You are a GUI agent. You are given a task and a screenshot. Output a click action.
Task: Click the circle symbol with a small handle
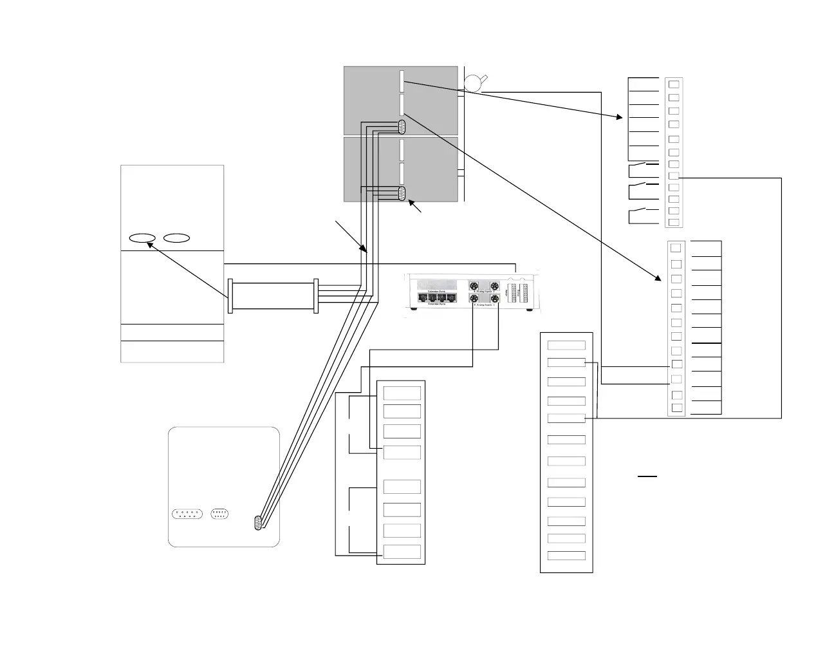tap(473, 82)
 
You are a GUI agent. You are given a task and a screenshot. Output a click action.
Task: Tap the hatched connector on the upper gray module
tap(402, 127)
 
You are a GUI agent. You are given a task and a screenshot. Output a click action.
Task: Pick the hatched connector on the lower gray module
tap(402, 194)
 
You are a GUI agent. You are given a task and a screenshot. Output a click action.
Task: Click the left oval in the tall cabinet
tap(142, 238)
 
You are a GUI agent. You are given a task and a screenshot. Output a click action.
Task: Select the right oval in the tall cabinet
tap(176, 238)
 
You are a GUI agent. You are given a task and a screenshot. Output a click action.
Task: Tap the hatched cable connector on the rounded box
tap(259, 523)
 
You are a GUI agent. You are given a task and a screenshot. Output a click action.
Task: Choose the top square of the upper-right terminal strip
tap(674, 84)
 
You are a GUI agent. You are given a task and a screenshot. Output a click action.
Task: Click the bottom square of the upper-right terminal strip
tap(674, 222)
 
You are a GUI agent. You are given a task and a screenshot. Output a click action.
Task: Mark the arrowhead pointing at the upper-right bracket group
tap(620, 117)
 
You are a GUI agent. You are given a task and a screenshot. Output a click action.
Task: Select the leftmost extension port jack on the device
tap(423, 297)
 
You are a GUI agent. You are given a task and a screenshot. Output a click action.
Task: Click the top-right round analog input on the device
tap(494, 287)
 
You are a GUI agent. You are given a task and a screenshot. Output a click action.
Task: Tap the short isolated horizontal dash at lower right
tap(647, 477)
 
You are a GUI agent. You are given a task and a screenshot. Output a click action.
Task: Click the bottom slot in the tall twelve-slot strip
tap(566, 556)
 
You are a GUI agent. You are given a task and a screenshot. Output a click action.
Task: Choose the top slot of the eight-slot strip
tap(402, 393)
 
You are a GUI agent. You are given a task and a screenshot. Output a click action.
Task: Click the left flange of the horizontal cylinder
tap(230, 296)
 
